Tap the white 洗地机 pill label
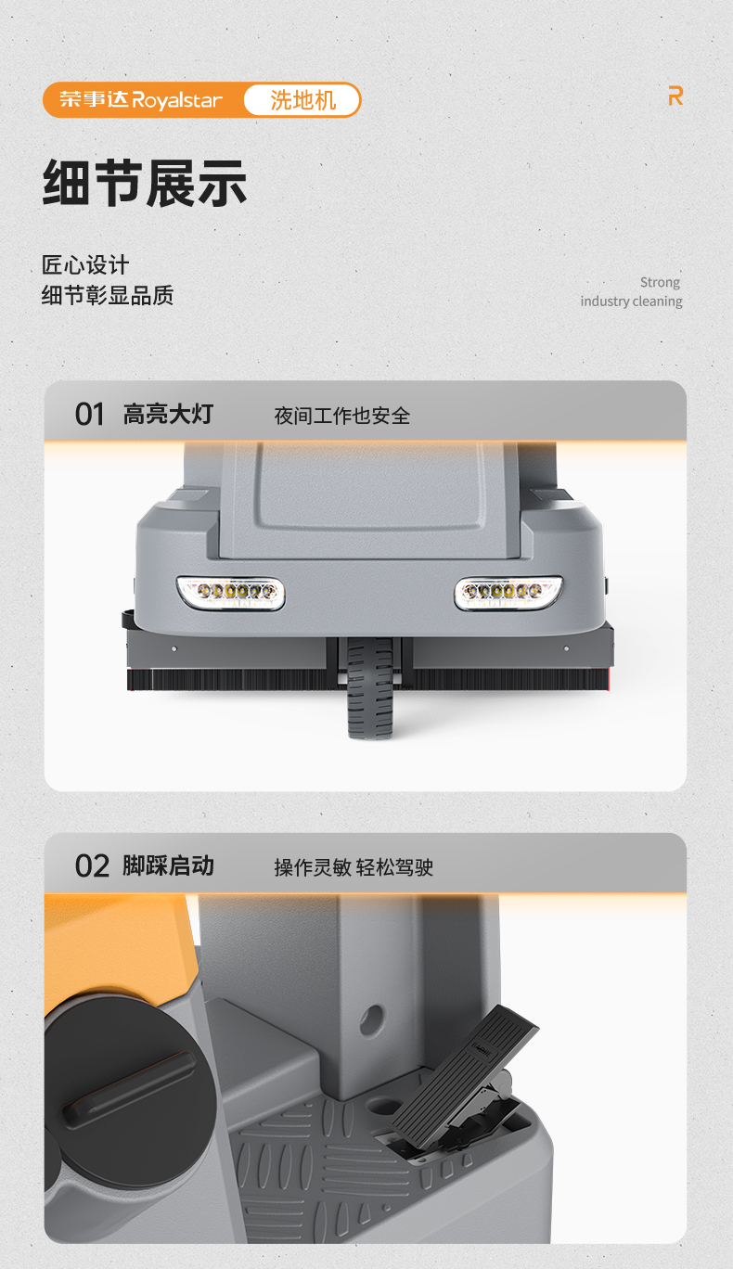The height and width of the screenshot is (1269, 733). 302,100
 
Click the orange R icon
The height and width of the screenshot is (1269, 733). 675,96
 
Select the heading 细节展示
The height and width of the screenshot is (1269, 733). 145,183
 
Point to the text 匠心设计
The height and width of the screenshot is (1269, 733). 85,265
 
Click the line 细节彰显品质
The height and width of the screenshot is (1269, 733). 108,296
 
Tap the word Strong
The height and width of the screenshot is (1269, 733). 660,282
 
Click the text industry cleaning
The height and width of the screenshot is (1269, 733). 631,301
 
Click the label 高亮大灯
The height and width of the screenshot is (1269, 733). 168,414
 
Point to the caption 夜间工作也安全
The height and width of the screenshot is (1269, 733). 341,416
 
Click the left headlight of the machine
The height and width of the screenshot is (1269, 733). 231,592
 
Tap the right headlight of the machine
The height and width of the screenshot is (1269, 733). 508,592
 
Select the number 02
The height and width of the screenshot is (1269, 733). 92,866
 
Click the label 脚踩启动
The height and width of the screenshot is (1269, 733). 168,865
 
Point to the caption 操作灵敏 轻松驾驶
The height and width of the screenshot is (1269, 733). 354,867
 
